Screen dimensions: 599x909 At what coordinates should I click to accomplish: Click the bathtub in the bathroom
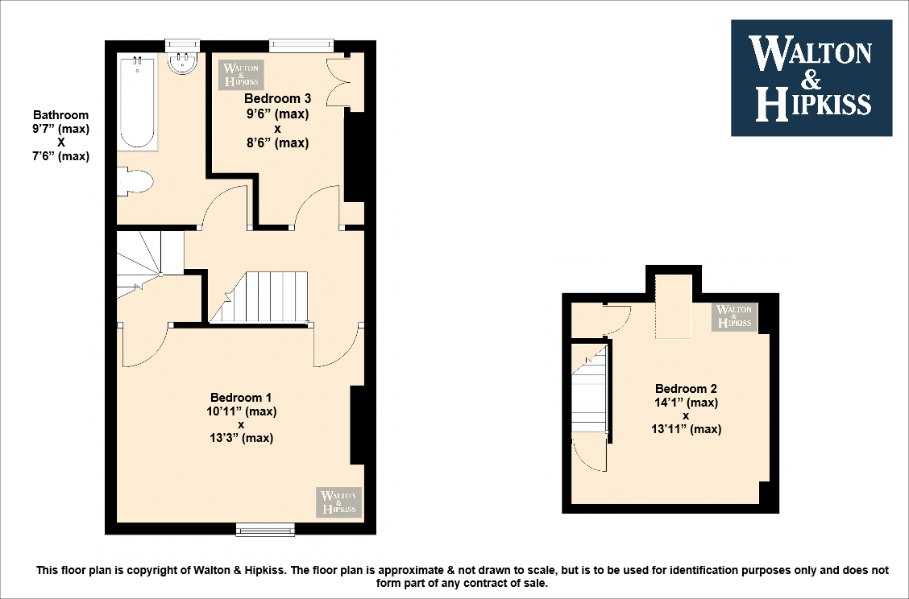[138, 101]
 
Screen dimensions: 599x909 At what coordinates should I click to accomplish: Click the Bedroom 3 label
[277, 99]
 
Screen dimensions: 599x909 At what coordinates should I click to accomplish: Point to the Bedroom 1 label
[241, 397]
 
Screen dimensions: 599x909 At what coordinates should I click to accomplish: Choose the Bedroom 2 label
[686, 388]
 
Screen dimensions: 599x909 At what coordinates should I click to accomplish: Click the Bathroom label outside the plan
[60, 115]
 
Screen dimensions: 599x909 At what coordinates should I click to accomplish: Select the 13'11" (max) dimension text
[686, 429]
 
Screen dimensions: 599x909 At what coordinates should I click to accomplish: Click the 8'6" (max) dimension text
[277, 143]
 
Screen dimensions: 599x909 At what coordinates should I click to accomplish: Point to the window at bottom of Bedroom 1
[265, 529]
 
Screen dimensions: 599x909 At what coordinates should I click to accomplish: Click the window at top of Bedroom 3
[301, 45]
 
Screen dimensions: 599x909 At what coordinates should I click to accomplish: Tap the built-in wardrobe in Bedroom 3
[338, 83]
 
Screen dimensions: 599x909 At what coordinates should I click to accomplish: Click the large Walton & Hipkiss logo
[811, 77]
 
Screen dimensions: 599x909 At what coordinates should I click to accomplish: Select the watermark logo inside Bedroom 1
[339, 502]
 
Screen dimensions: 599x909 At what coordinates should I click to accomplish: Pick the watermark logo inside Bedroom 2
[735, 316]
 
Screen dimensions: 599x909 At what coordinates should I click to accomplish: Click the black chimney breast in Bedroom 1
[356, 425]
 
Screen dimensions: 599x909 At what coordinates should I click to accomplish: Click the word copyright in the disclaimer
[135, 571]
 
